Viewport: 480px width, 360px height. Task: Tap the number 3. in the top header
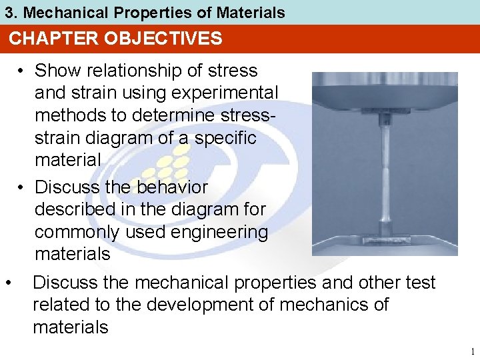[x=11, y=13]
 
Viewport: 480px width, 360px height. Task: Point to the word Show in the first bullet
[x=56, y=70]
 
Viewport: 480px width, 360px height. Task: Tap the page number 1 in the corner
[x=471, y=351]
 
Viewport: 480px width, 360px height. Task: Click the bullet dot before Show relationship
[x=22, y=71]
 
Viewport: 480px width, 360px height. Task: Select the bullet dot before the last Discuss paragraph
[x=8, y=283]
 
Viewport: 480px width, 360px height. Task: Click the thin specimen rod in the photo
[x=385, y=173]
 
